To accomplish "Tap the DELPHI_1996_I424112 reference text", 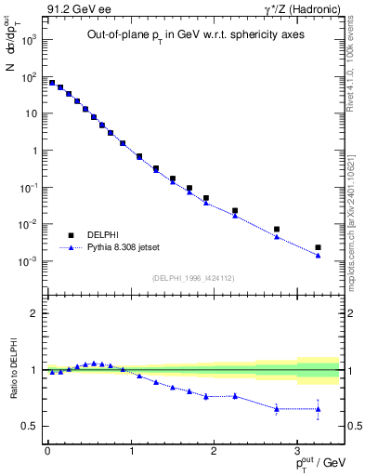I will [191, 276].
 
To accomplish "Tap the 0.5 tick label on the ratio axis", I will [31, 427].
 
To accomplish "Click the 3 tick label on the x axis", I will [296, 449].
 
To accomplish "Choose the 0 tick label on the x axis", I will [47, 449].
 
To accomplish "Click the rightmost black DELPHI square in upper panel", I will [318, 247].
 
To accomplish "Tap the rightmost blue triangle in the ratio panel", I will [318, 409].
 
